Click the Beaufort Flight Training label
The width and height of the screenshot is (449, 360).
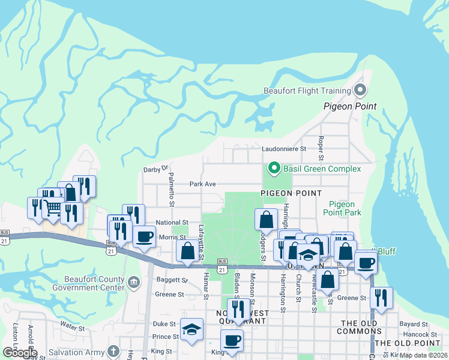(x=307, y=91)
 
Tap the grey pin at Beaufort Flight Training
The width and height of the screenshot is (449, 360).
(x=360, y=91)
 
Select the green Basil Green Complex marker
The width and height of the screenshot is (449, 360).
(x=274, y=169)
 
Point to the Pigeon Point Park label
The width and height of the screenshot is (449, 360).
(x=342, y=208)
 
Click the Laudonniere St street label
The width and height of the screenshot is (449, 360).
(x=284, y=148)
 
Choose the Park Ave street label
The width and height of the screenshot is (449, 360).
(x=202, y=184)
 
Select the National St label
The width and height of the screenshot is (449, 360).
(x=172, y=222)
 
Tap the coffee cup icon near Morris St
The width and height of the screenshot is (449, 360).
(x=144, y=236)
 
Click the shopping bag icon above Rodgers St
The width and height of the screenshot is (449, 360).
(x=266, y=219)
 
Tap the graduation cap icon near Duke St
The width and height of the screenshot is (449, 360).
(x=192, y=329)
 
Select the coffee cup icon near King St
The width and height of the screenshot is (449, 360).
(x=232, y=340)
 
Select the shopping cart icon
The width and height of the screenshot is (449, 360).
(x=53, y=208)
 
